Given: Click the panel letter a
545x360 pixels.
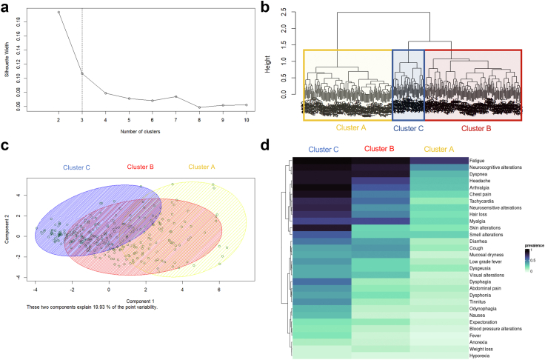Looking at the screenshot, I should point(6,7).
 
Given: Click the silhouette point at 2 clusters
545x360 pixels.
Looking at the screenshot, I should point(58,12).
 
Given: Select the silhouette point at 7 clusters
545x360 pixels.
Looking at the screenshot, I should point(175,96).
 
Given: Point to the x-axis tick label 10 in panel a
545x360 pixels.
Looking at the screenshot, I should point(246,119).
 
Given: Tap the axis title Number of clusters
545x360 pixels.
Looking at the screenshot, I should point(152,135).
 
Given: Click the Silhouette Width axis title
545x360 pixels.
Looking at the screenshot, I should point(7,59).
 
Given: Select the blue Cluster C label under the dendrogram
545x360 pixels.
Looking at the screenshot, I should point(408,127).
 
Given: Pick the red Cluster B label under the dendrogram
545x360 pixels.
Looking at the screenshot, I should point(475,127).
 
